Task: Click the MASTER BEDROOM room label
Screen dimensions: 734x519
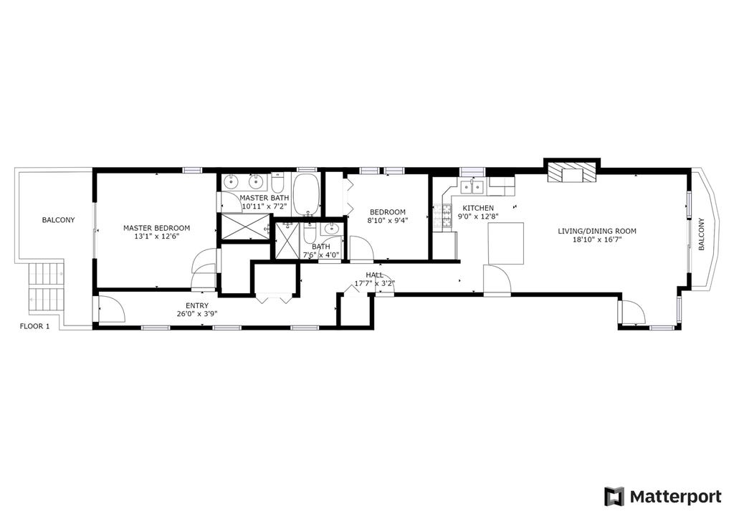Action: tap(156, 228)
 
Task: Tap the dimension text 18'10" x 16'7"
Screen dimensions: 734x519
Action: tap(597, 239)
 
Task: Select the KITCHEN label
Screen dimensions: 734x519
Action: tap(478, 208)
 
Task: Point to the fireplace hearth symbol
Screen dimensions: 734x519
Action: tap(572, 172)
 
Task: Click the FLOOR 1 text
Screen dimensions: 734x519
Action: tap(34, 326)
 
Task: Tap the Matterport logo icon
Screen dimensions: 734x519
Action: tap(614, 496)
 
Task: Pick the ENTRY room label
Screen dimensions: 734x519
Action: tap(197, 305)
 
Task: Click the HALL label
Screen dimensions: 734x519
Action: tap(374, 275)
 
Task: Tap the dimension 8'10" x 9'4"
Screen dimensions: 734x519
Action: tap(388, 220)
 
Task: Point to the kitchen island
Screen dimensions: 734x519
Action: tap(506, 243)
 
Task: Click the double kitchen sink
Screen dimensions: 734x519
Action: tap(472, 186)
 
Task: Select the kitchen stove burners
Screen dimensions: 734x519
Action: tap(442, 217)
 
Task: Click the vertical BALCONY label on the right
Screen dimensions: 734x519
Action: tap(701, 234)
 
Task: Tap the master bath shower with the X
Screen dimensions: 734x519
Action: tap(246, 227)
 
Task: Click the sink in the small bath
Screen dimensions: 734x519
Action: tap(332, 229)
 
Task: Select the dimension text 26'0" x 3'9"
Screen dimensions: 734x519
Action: tap(197, 314)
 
